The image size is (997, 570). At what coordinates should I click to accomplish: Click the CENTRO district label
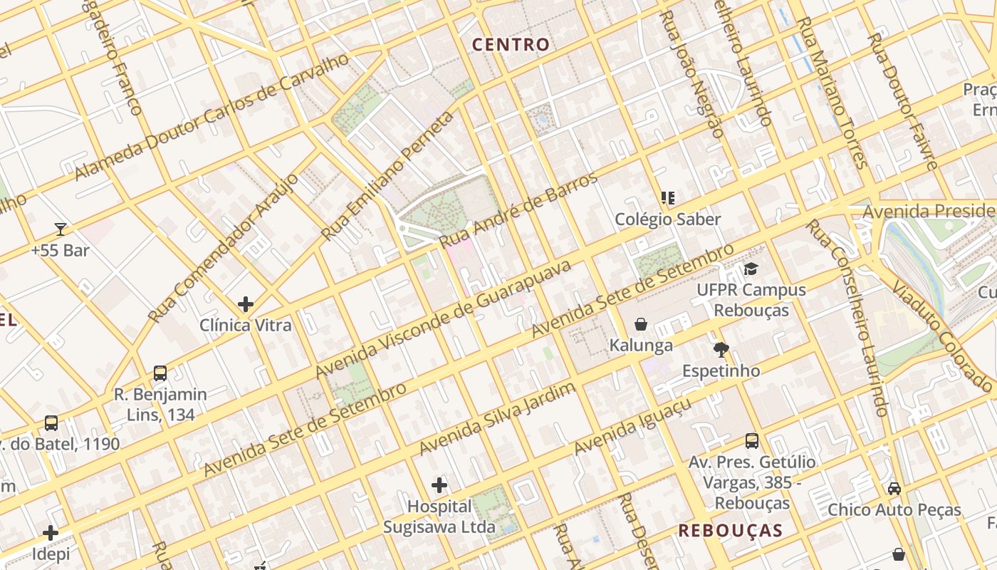[511, 45]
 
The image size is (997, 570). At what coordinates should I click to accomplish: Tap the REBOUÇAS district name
[730, 531]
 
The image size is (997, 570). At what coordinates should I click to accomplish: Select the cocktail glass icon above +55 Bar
[61, 229]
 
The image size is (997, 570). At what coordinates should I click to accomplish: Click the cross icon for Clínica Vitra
[246, 304]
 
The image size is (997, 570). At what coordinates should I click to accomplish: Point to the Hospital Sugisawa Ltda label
[439, 517]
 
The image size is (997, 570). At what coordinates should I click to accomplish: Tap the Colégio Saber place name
[668, 219]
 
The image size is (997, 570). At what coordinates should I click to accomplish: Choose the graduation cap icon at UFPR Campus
[751, 269]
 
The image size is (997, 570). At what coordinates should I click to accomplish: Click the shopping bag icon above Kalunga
[641, 324]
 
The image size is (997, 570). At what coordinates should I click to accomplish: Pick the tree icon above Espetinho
[721, 349]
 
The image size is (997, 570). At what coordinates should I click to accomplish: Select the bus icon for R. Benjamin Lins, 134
[160, 373]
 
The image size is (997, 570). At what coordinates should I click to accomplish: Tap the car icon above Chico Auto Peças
[894, 489]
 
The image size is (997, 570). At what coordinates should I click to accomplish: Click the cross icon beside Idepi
[51, 533]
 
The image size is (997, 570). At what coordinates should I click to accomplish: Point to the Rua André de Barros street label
[519, 210]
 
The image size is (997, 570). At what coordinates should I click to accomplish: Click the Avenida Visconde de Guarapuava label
[443, 319]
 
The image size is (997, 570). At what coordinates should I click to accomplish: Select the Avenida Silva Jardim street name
[496, 418]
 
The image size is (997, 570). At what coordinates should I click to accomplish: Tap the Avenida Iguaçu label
[632, 427]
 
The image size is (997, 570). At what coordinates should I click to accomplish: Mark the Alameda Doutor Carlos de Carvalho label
[212, 116]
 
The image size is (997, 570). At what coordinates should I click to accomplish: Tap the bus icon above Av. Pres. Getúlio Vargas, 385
[752, 440]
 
